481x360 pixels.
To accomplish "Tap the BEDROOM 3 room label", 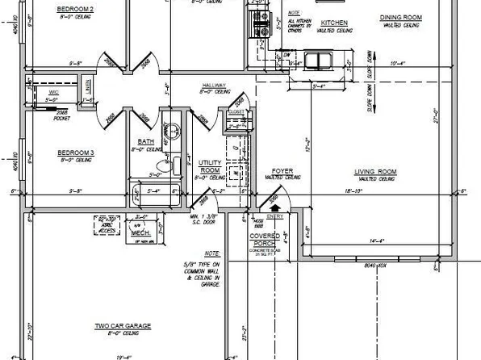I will pyautogui.click(x=76, y=151).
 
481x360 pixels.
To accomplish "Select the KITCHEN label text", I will pyautogui.click(x=333, y=23).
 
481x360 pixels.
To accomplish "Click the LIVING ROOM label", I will pyautogui.click(x=375, y=171).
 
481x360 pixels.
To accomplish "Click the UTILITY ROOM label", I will pyautogui.click(x=210, y=166).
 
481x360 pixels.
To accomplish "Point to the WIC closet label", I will pyautogui.click(x=55, y=93).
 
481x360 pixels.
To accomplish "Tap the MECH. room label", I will pyautogui.click(x=140, y=232).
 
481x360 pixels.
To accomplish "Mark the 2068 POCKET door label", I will pyautogui.click(x=61, y=115).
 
